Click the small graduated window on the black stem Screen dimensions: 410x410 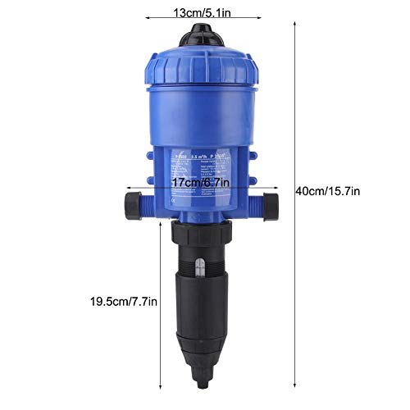(199, 264)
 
